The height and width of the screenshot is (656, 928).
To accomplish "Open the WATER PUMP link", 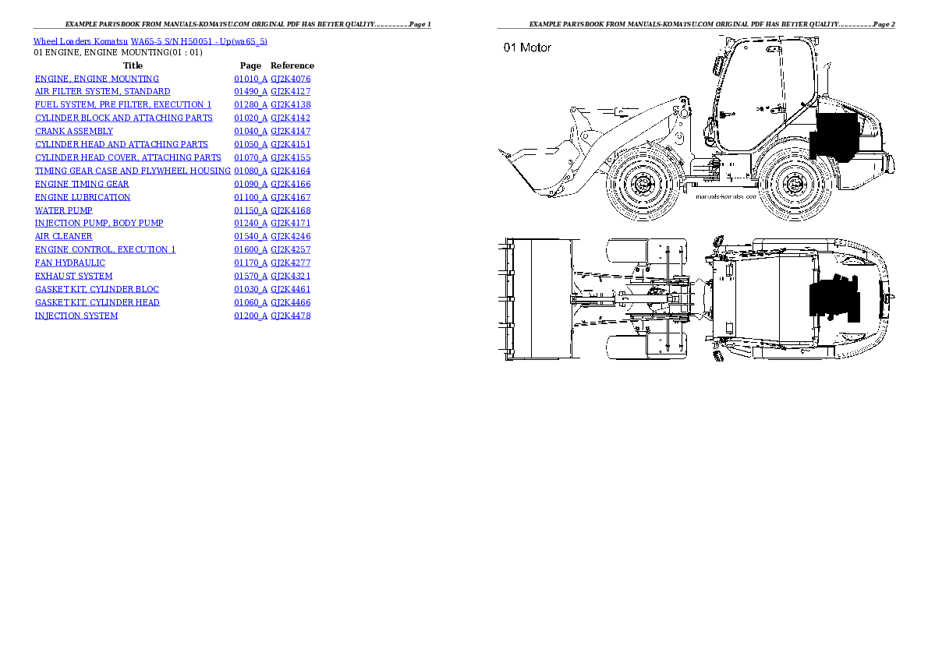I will point(63,210).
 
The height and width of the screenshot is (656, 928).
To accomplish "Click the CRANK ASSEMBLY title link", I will point(74,131).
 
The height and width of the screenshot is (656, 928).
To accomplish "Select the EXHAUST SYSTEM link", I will point(73,276).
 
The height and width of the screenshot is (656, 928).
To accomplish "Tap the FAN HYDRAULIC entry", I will point(70,263).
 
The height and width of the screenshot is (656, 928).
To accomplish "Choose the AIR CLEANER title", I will point(63,236).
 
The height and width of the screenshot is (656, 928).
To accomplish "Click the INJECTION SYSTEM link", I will point(76,316).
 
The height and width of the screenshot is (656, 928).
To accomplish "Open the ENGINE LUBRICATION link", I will point(83,197).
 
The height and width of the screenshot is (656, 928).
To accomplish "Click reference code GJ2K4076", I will point(290,79).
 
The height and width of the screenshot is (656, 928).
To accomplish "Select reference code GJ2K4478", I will point(290,316).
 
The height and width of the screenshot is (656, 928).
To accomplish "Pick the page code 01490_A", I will point(250,91).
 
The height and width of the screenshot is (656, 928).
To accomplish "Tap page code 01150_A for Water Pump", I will point(250,210).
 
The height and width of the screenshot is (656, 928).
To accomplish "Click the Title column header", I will point(133,65).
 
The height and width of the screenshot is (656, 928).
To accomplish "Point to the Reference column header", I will point(292,65).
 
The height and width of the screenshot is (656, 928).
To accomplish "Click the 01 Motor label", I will point(527,48).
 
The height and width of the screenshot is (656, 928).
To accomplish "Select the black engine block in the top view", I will point(834,298).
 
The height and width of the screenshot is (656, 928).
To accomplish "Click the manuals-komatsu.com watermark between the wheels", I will point(725,197).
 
